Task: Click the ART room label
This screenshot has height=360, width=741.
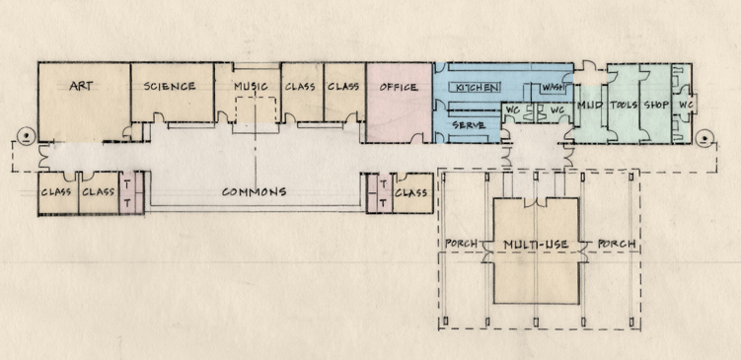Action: [81, 86]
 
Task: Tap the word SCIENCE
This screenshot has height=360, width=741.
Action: [170, 87]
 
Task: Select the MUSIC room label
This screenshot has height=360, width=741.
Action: [251, 87]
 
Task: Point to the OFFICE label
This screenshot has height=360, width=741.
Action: [399, 88]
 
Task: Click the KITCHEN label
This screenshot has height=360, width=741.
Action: [477, 88]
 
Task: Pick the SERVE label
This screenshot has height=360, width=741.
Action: [469, 125]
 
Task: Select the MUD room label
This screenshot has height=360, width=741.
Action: [590, 105]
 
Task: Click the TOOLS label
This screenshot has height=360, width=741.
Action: [624, 105]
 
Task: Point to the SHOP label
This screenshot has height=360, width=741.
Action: [657, 105]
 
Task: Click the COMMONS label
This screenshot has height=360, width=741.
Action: [255, 191]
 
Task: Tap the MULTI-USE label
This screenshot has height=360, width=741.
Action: [536, 246]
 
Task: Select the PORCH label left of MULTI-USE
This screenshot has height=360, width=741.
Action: [461, 245]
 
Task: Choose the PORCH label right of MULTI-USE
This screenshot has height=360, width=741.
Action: [617, 245]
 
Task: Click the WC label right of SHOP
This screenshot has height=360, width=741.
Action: [687, 105]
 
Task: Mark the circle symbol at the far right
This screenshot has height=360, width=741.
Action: [704, 139]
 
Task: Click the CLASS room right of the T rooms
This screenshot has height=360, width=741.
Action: [410, 192]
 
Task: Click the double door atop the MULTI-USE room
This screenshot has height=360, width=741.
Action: [536, 202]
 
